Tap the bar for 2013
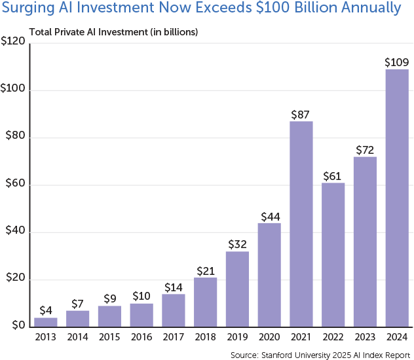[x=46, y=321]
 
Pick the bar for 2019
[x=237, y=289]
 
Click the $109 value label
[x=397, y=62]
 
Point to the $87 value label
[x=301, y=114]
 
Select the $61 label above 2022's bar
[x=333, y=175]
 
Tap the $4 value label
[x=46, y=310]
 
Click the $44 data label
[x=269, y=216]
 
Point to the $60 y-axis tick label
[x=15, y=185]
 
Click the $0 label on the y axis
[x=18, y=326]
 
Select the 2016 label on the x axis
[x=141, y=338]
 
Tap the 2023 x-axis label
[x=365, y=338]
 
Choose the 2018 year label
[x=205, y=338]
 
